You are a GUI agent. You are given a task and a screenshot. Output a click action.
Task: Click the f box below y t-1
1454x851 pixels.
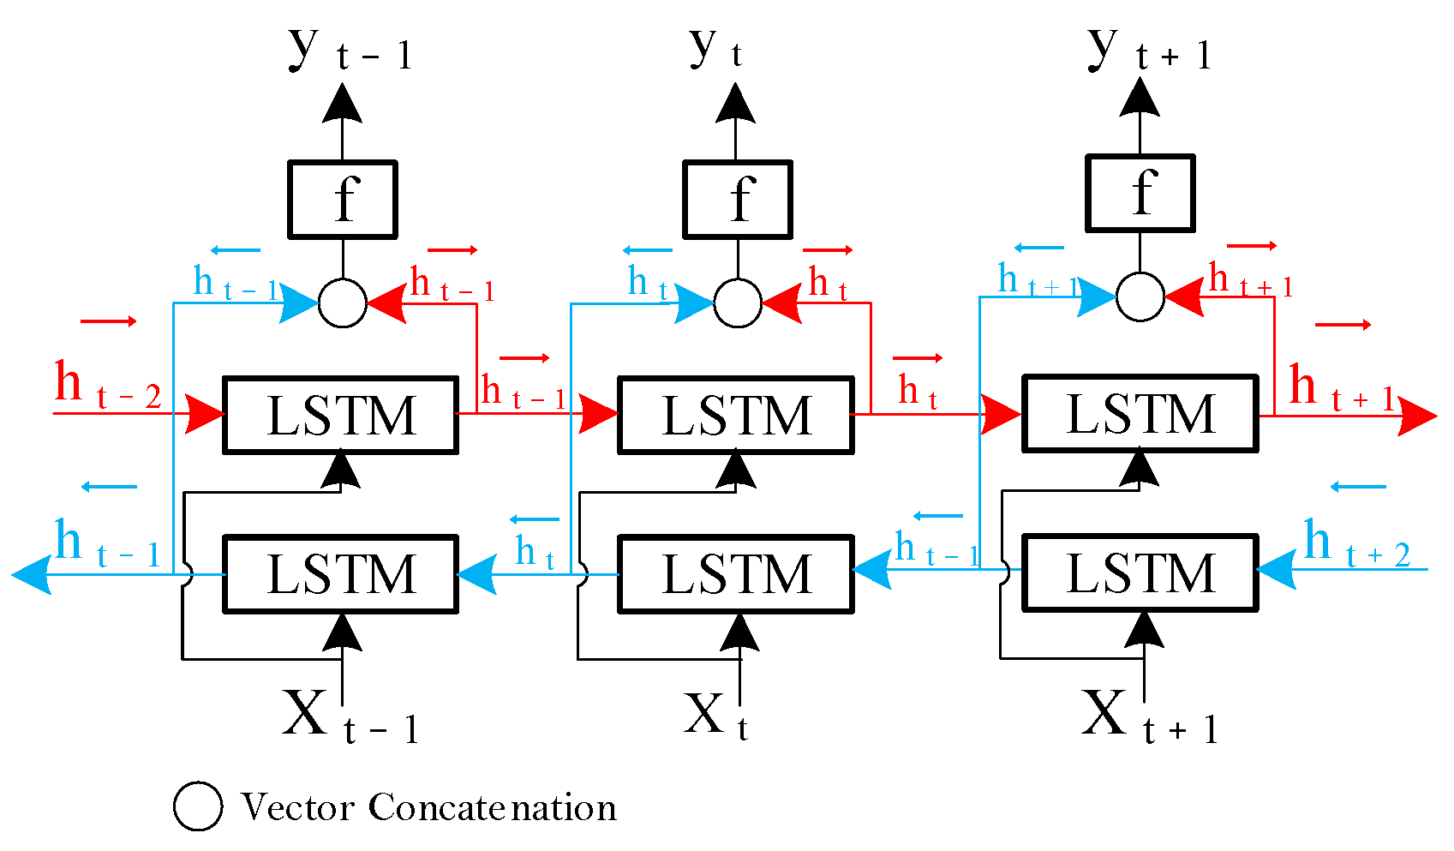pyautogui.click(x=342, y=199)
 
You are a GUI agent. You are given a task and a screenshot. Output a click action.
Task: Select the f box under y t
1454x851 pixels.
pyautogui.click(x=737, y=199)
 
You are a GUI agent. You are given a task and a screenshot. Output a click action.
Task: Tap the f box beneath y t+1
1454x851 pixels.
pyautogui.click(x=1140, y=193)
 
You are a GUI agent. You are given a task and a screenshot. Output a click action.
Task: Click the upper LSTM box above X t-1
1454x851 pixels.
pyautogui.click(x=340, y=415)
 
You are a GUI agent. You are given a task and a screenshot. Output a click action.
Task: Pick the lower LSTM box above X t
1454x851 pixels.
pyautogui.click(x=735, y=573)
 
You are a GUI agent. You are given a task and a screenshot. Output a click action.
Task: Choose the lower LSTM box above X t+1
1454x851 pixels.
pyautogui.click(x=1140, y=572)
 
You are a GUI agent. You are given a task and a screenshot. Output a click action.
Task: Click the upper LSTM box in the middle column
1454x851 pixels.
pyautogui.click(x=735, y=415)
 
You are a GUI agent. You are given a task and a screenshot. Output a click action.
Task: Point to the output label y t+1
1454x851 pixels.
pyautogui.click(x=1148, y=50)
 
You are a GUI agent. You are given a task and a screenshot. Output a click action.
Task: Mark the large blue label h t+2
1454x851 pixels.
pyautogui.click(x=1356, y=545)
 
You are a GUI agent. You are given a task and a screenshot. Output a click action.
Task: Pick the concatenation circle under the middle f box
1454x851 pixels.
pyautogui.click(x=737, y=303)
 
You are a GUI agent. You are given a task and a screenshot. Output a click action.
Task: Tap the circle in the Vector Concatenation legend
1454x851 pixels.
pyautogui.click(x=198, y=806)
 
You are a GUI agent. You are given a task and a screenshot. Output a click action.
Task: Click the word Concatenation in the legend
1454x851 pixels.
pyautogui.click(x=493, y=807)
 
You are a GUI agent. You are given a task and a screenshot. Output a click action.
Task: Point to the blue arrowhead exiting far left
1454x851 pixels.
pyautogui.click(x=33, y=574)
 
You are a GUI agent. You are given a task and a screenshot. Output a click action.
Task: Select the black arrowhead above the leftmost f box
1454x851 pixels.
pyautogui.click(x=342, y=104)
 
